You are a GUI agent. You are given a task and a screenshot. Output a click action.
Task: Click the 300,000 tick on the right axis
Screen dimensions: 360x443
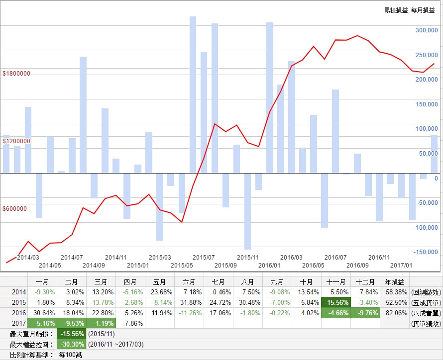(x=426, y=30)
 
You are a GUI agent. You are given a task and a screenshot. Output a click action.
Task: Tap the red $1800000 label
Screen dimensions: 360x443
(x=16, y=74)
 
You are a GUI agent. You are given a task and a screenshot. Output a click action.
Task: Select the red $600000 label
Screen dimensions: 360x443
(x=15, y=209)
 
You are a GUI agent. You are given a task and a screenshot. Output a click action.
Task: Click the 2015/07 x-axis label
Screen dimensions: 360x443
(x=203, y=258)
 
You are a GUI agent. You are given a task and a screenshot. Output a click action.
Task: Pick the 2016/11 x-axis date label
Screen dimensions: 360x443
(x=379, y=258)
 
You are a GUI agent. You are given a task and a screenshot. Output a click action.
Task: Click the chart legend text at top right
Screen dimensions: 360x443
(x=409, y=10)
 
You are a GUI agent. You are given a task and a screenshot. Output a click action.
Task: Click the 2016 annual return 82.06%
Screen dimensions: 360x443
(x=394, y=313)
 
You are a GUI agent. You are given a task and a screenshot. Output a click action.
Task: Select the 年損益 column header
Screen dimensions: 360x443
(x=394, y=281)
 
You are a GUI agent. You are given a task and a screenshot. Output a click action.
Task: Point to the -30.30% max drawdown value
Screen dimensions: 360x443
(x=72, y=344)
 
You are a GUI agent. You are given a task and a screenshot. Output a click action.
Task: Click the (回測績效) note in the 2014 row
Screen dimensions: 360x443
(x=426, y=291)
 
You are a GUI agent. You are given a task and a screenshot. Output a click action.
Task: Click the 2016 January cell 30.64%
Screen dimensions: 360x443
(x=42, y=313)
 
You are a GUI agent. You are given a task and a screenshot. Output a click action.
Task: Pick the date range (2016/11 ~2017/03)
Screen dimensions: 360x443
(x=114, y=344)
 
